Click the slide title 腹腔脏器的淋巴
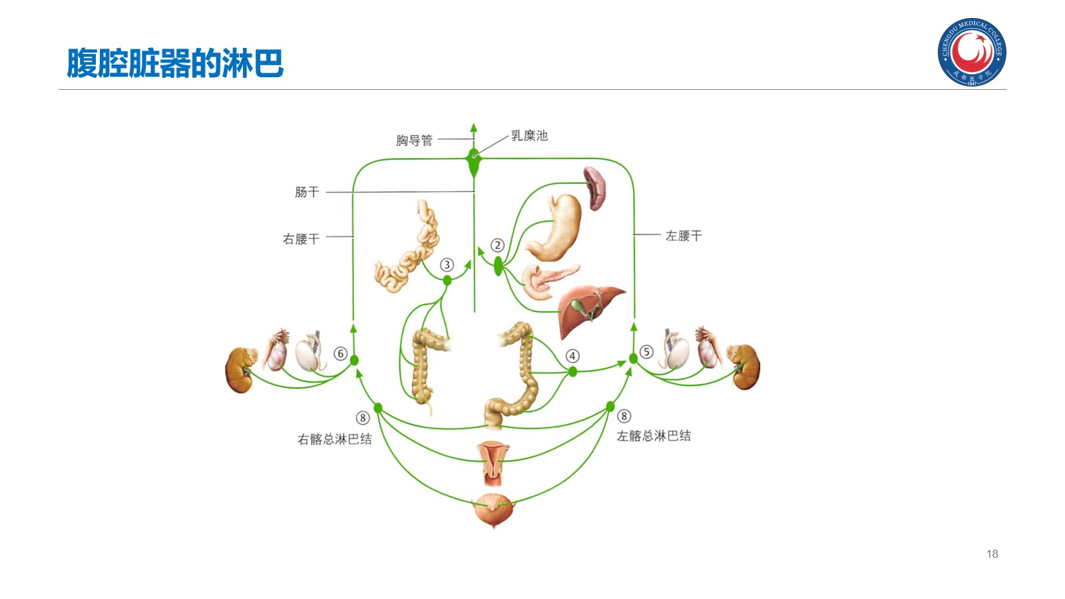click(x=175, y=64)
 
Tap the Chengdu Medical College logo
click(x=971, y=52)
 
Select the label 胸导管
click(x=414, y=140)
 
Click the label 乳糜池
click(x=529, y=136)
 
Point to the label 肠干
click(x=307, y=192)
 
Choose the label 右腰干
click(x=301, y=239)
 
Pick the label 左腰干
click(x=684, y=236)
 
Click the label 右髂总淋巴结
click(x=334, y=439)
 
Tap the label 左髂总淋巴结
click(x=654, y=436)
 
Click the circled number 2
click(x=497, y=246)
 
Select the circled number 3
click(x=447, y=265)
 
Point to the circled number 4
click(x=572, y=356)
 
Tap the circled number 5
click(x=646, y=351)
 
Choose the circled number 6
click(x=340, y=353)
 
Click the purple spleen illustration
click(x=594, y=187)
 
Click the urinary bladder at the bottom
click(x=493, y=510)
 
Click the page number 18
click(x=992, y=554)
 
